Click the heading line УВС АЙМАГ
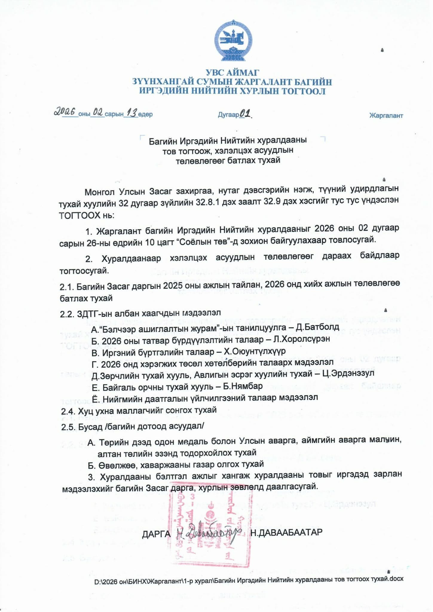(x=232, y=72)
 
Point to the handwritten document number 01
(x=245, y=114)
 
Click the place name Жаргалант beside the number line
(x=386, y=115)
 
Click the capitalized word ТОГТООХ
(x=79, y=215)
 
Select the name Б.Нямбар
(x=243, y=386)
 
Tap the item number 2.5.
(x=68, y=427)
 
